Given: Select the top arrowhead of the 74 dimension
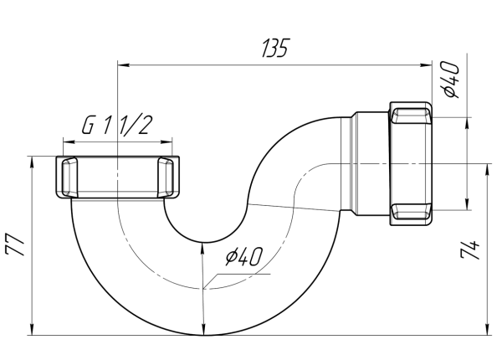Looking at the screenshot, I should [x=486, y=169].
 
